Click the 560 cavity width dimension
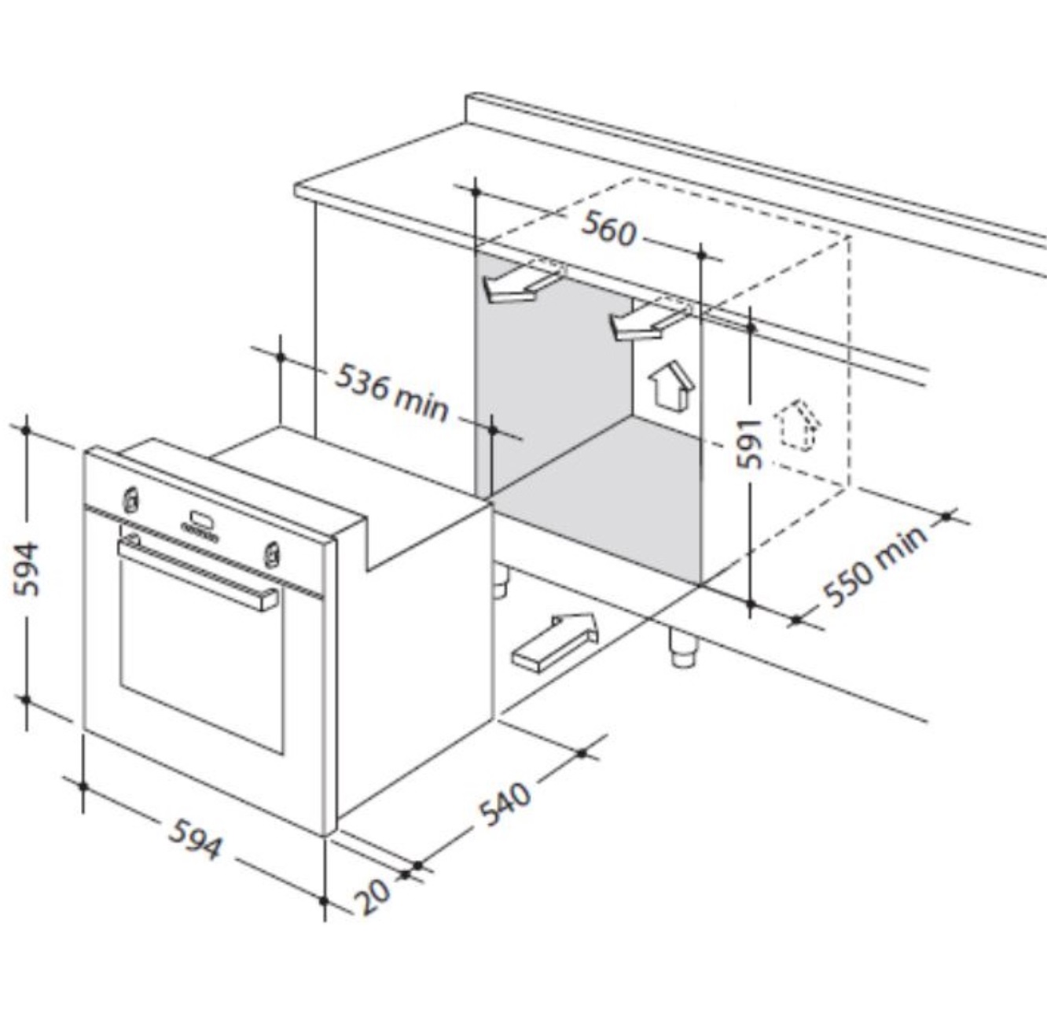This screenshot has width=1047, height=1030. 608,229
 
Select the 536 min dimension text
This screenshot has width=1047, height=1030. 392,392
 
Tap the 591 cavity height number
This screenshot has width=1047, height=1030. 749,443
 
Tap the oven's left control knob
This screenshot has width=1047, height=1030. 130,499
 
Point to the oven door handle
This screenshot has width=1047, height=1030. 198,572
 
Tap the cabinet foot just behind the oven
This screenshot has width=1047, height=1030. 501,582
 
